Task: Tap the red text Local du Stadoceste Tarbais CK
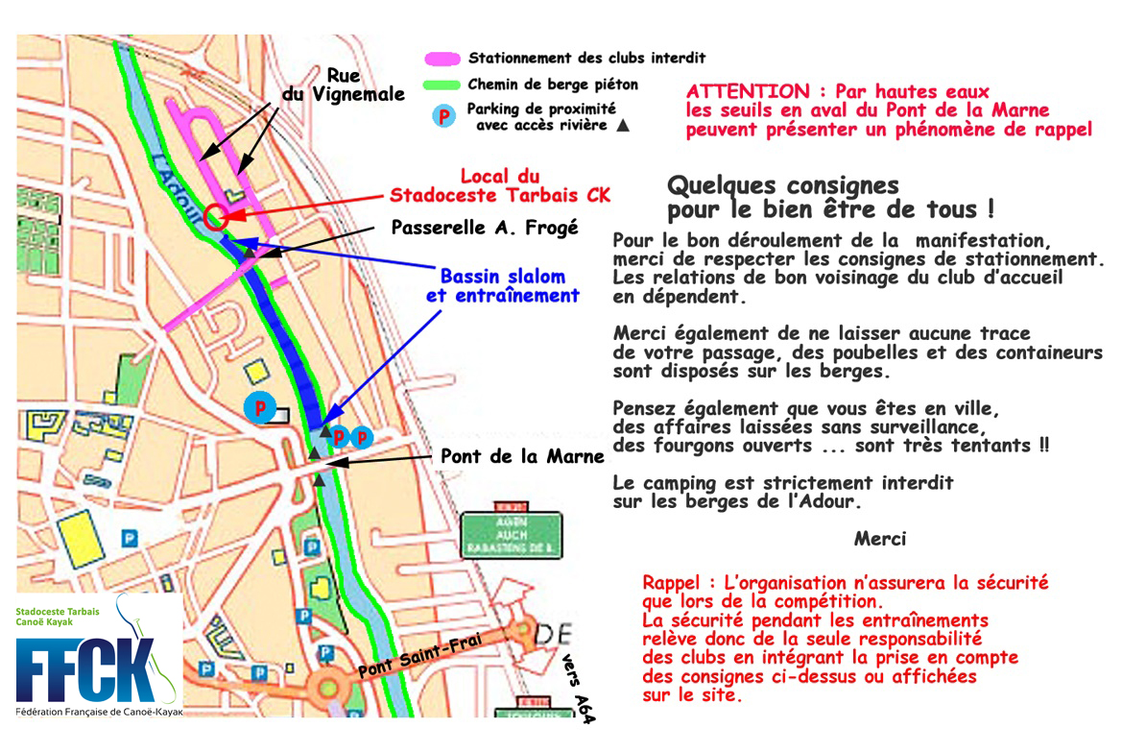(499, 186)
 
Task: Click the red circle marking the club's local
(215, 216)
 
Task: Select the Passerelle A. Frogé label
(485, 228)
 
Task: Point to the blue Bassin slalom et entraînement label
(502, 285)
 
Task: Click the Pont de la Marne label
(522, 456)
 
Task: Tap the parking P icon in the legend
(442, 116)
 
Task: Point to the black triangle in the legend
(623, 125)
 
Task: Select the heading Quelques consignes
(782, 184)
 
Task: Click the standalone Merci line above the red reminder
(879, 539)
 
